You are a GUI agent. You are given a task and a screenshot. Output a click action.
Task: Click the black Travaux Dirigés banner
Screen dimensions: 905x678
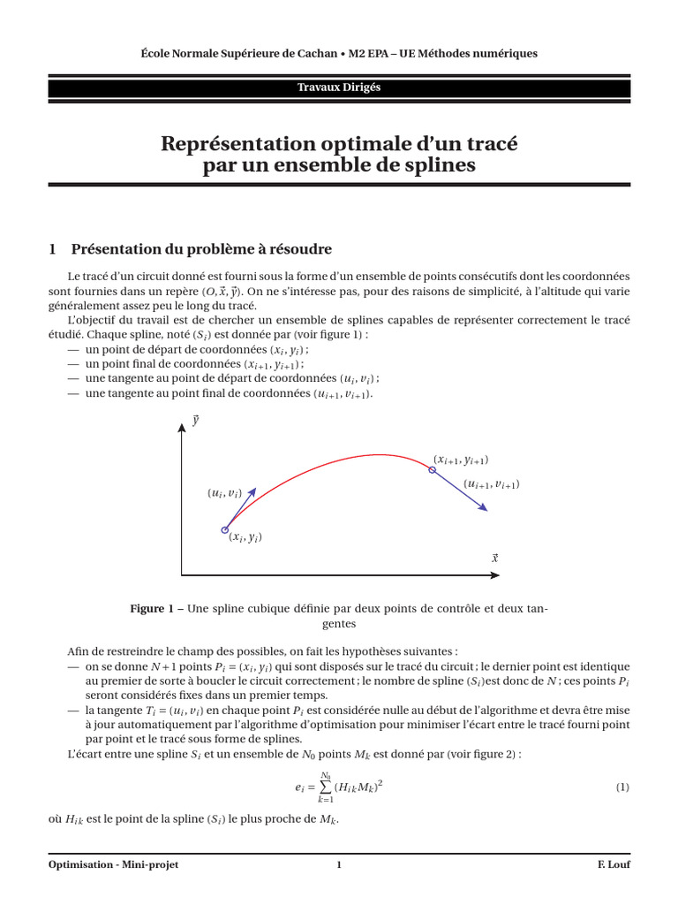click(339, 87)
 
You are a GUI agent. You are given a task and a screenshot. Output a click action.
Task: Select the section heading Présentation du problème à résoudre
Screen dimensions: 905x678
click(200, 249)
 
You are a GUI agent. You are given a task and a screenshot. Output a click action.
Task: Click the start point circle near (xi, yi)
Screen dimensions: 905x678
click(224, 530)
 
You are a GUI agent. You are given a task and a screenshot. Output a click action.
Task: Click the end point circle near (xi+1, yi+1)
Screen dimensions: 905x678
click(433, 470)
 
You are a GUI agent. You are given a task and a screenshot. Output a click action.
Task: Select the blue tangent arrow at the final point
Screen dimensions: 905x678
click(461, 491)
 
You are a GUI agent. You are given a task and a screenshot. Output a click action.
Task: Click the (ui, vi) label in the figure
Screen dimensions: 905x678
click(224, 493)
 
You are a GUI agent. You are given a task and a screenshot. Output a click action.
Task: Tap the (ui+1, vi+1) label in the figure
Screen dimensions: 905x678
click(492, 484)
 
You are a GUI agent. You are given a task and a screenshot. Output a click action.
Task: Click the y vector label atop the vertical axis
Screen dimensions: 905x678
click(194, 421)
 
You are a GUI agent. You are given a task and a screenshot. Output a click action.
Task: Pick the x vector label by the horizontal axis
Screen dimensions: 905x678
click(494, 558)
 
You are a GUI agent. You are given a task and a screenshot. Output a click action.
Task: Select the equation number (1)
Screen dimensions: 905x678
click(622, 786)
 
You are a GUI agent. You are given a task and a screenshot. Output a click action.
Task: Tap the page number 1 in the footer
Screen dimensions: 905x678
click(338, 864)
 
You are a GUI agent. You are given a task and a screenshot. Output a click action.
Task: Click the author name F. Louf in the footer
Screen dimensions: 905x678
click(612, 864)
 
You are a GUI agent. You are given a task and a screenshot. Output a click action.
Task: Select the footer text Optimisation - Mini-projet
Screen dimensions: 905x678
click(113, 864)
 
